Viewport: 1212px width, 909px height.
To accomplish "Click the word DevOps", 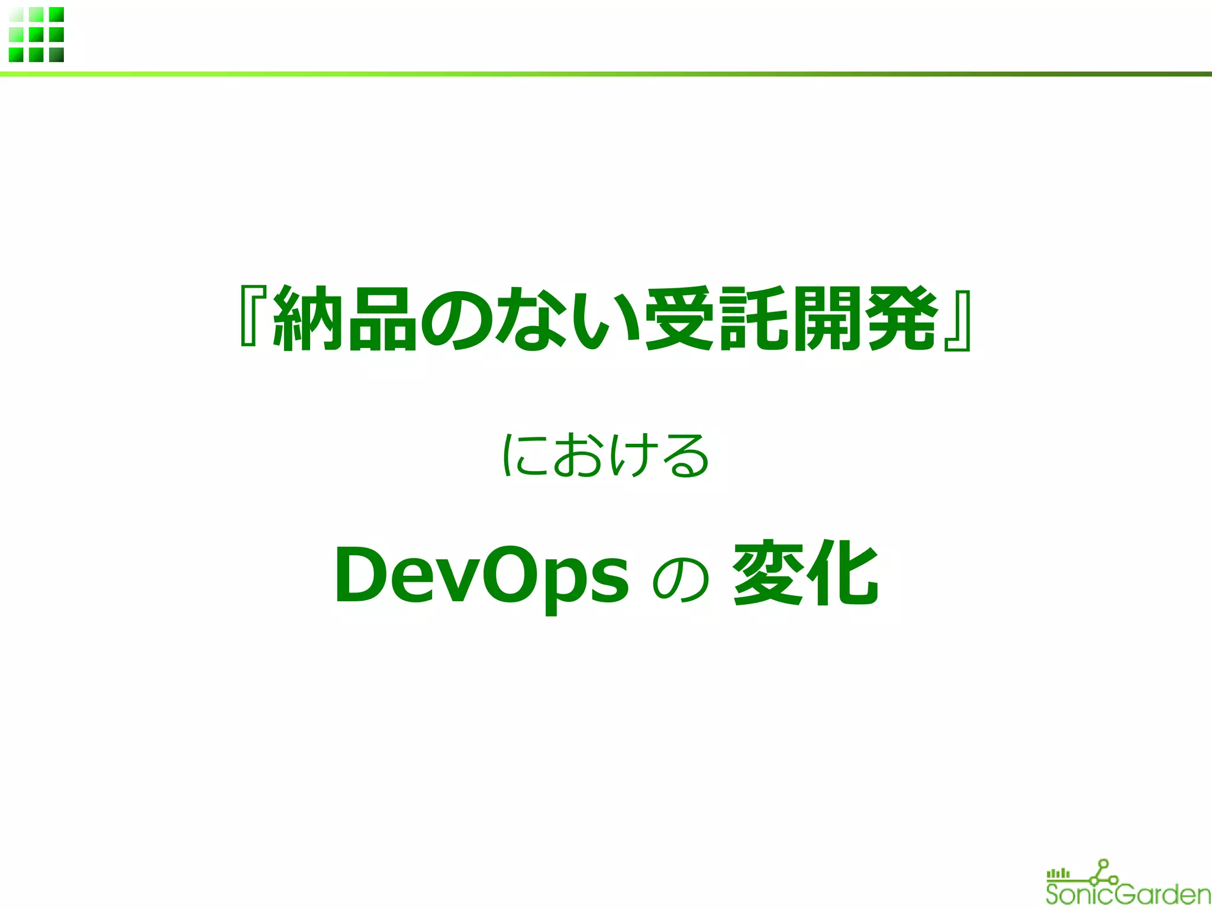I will (481, 576).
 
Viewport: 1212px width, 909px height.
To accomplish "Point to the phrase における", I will (605, 455).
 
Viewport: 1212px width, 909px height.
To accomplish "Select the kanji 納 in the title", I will (308, 318).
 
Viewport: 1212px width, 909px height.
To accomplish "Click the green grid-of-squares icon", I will (36, 34).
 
